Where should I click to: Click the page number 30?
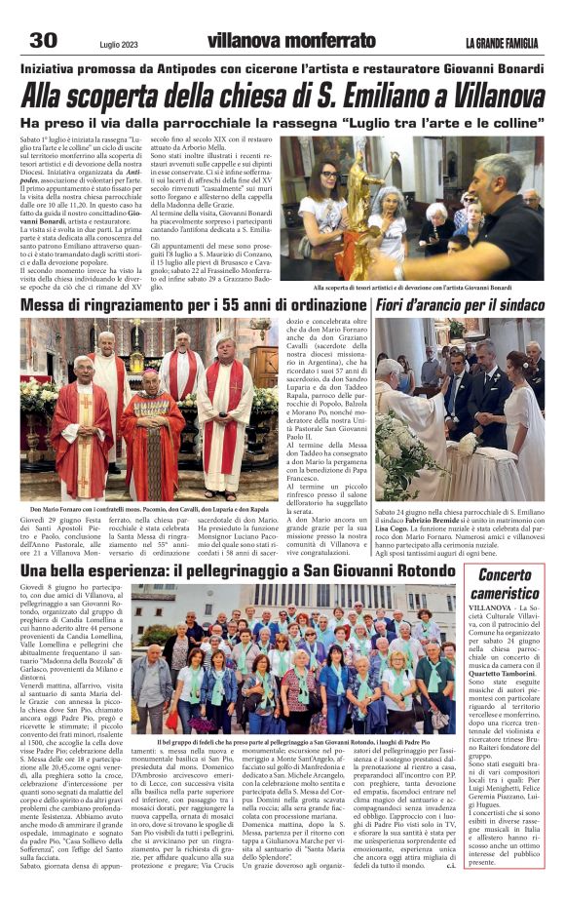click(x=44, y=40)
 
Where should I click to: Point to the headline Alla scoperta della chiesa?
click(x=282, y=97)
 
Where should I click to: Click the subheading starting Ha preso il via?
click(x=282, y=124)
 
